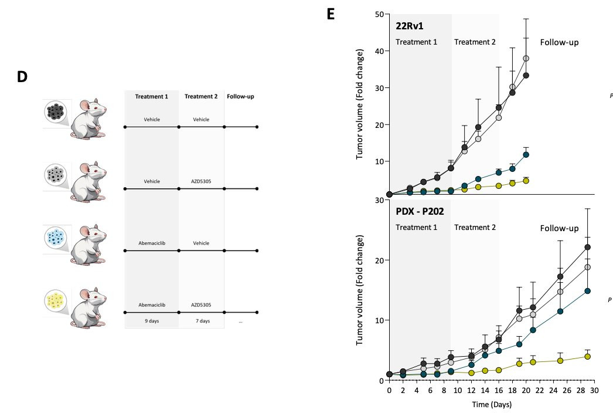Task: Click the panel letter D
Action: (22, 76)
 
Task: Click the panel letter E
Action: (331, 14)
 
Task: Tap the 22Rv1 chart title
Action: (410, 26)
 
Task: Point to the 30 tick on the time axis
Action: (594, 390)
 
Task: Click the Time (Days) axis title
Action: (492, 404)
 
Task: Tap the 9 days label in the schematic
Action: (152, 321)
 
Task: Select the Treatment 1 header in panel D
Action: (152, 96)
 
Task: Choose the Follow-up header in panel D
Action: (240, 96)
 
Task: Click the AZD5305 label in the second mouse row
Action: (201, 181)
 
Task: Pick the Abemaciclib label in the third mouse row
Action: (152, 243)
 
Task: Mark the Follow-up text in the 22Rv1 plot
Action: (559, 42)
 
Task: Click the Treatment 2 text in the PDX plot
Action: (475, 227)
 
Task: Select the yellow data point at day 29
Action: (587, 357)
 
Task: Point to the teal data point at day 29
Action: (587, 291)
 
